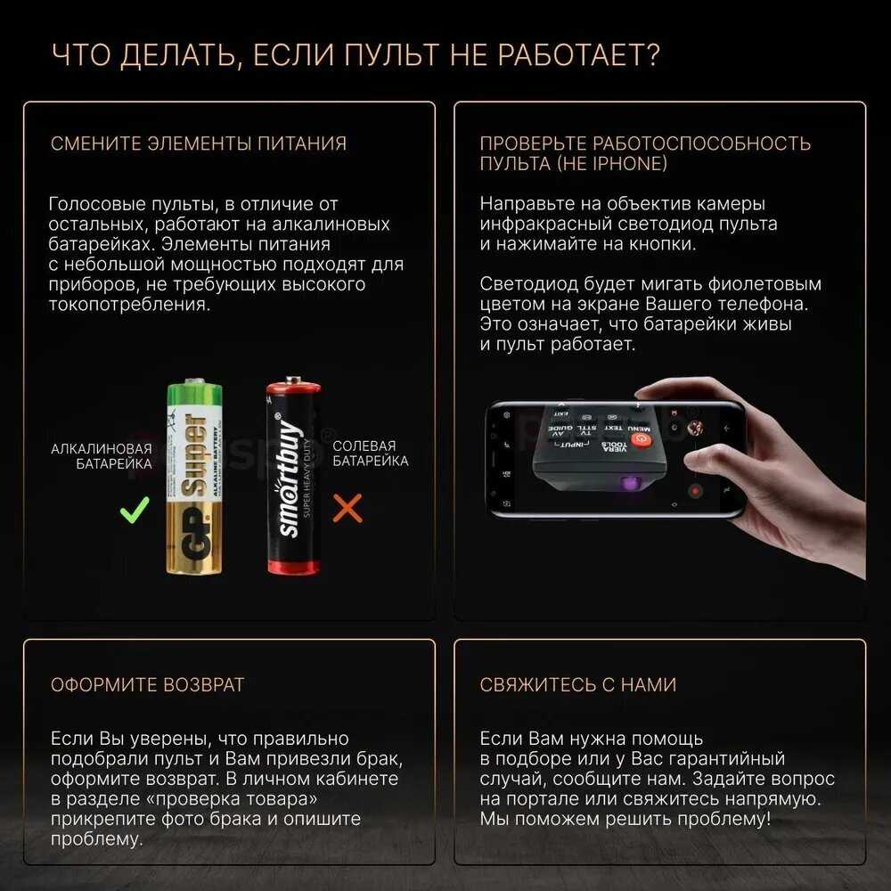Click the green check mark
(x=135, y=510)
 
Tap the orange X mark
(x=347, y=508)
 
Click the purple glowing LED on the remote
(x=630, y=484)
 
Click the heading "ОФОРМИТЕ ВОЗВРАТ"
(x=147, y=684)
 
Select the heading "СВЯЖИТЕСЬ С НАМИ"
(x=578, y=684)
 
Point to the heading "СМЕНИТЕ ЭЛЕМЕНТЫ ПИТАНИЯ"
(x=199, y=143)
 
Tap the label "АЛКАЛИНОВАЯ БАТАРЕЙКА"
(x=102, y=456)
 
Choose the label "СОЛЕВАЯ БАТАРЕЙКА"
(x=370, y=454)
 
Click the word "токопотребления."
(x=129, y=305)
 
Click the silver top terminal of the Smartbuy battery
(x=293, y=380)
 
